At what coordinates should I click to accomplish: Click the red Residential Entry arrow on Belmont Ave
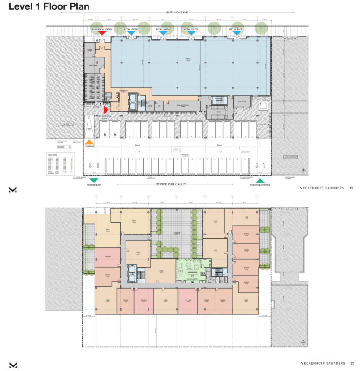(x=101, y=33)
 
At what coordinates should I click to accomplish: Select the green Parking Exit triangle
(x=94, y=180)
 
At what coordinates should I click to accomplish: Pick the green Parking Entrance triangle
(x=260, y=180)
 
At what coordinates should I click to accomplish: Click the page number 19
(x=351, y=188)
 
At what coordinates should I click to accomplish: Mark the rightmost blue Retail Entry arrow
(x=237, y=33)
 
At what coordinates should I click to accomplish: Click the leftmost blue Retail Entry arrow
(x=131, y=33)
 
